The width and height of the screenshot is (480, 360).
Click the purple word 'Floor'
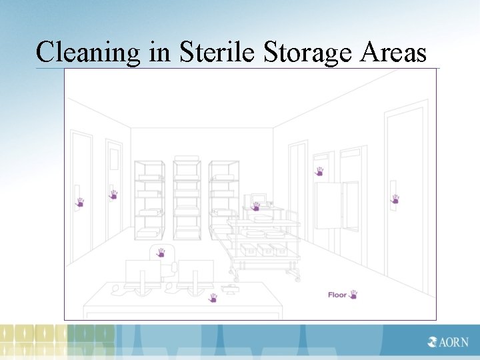tap(337, 295)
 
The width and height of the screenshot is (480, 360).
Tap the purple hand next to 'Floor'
tap(353, 294)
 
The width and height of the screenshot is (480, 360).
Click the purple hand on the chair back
tap(161, 253)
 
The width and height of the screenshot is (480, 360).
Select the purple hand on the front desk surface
tap(213, 297)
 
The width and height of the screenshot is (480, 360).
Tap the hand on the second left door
tap(113, 195)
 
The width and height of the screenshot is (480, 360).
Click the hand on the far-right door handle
tap(395, 199)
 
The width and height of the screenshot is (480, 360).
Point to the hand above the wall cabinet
tap(319, 171)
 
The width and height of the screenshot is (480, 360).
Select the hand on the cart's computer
tap(255, 207)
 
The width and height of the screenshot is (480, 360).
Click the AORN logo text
tap(449, 343)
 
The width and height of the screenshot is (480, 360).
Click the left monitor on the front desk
tap(143, 272)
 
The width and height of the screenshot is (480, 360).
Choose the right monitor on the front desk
tap(195, 272)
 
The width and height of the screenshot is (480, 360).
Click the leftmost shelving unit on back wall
tap(149, 199)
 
